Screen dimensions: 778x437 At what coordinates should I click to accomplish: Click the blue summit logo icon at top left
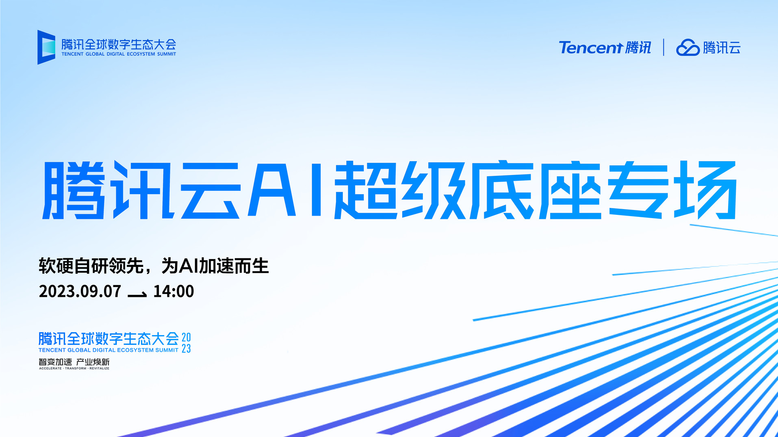point(46,47)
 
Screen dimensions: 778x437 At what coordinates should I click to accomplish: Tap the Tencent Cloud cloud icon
point(688,48)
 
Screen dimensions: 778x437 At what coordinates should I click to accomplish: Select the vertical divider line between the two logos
point(663,47)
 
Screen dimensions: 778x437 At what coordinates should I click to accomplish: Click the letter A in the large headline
point(272,190)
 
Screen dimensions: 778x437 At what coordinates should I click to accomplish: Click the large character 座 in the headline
point(570,190)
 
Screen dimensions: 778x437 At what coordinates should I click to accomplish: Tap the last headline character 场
point(705,190)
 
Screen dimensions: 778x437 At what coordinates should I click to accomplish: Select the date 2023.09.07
point(80,291)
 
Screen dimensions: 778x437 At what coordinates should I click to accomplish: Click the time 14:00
point(173,291)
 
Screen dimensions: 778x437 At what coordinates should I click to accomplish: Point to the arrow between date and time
point(137,294)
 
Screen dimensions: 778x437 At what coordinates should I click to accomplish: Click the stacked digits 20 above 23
point(186,337)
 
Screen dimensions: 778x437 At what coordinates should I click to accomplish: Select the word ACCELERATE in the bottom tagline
point(50,368)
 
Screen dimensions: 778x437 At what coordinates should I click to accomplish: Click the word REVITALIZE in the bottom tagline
point(100,368)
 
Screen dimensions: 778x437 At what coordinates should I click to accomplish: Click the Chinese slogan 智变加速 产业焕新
point(74,361)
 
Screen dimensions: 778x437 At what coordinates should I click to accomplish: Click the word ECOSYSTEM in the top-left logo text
point(141,54)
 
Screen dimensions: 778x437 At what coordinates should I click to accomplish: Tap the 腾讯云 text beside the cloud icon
point(722,48)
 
